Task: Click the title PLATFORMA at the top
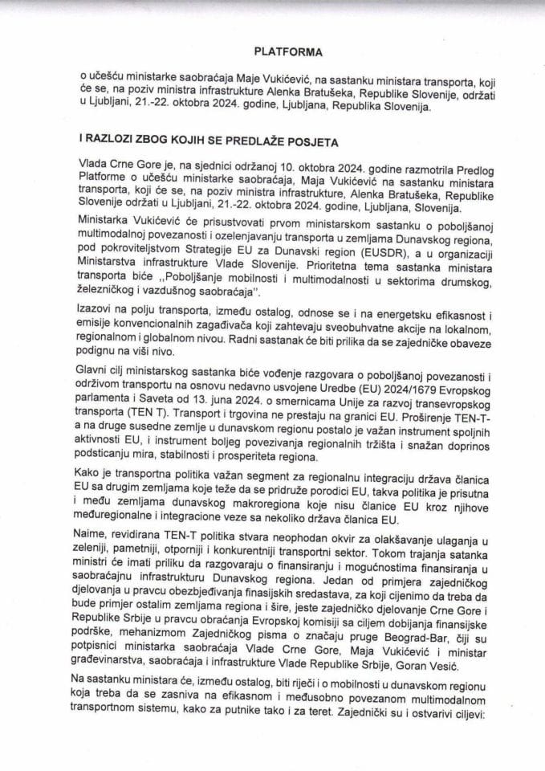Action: [288, 52]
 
